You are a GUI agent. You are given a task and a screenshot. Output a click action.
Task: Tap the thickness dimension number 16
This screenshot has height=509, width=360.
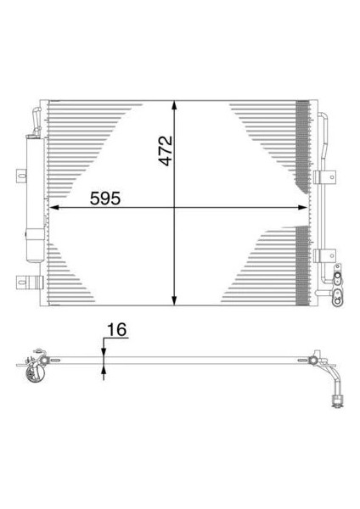point(117,330)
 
